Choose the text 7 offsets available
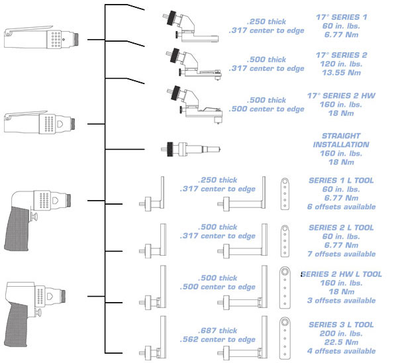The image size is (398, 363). pos(342,254)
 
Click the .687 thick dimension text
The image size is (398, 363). pos(218,331)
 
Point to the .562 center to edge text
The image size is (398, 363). pos(218,340)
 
